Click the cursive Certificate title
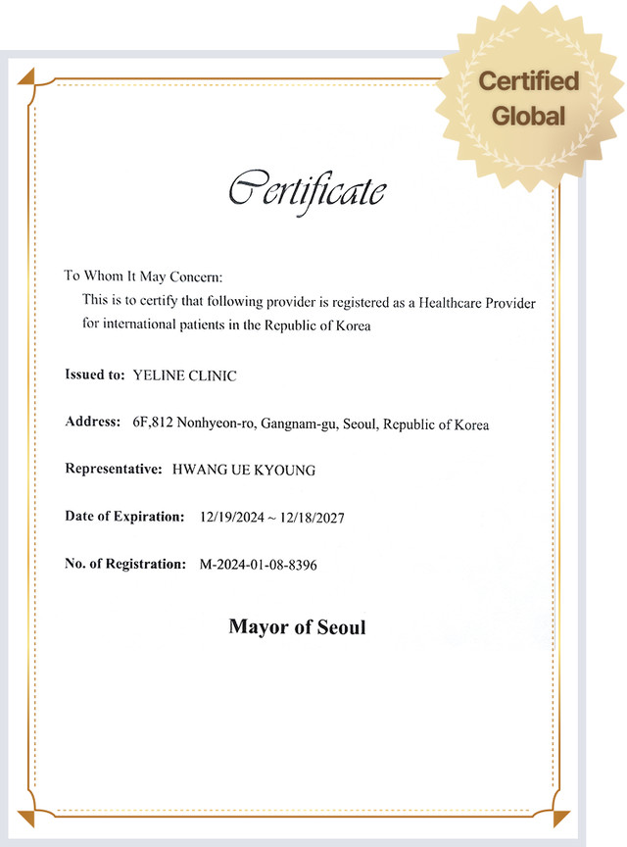tap(307, 188)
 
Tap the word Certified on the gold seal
tap(528, 81)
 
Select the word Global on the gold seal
tap(529, 116)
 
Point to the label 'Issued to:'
tap(94, 375)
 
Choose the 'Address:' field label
tap(92, 423)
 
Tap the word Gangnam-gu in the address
tap(297, 423)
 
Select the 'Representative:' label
tap(113, 470)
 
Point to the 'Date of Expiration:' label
tap(123, 517)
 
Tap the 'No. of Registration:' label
tap(124, 564)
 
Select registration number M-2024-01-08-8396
tap(258, 565)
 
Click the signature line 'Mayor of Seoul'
tap(297, 626)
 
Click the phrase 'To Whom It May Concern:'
tap(144, 276)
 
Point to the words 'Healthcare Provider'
tap(477, 302)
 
